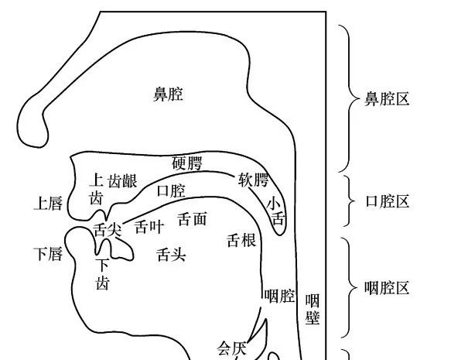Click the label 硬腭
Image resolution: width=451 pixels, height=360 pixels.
[x=187, y=163]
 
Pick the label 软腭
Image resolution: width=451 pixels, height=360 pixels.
[x=254, y=180]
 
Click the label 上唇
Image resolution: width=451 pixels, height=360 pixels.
[x=48, y=204]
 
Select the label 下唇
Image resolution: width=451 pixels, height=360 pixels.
[x=48, y=253]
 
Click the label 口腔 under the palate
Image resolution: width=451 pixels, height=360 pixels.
[x=171, y=190]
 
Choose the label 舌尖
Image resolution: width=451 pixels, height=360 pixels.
[x=107, y=230]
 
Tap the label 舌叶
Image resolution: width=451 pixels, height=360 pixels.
[x=149, y=227]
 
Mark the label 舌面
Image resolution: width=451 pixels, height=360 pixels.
[x=192, y=219]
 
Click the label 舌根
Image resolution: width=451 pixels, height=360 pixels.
[x=242, y=240]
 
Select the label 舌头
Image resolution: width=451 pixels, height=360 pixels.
[x=170, y=254]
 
